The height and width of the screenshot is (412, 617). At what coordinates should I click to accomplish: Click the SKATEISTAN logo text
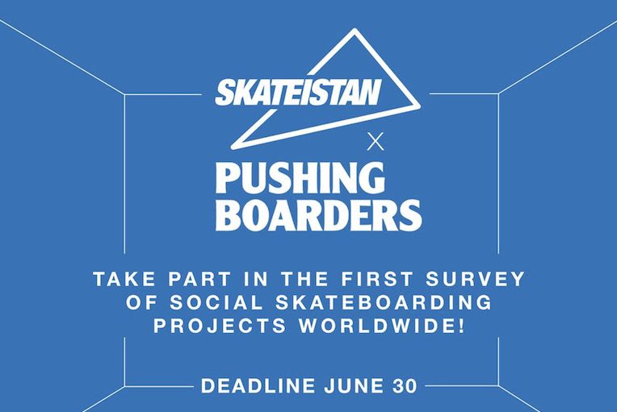(x=298, y=93)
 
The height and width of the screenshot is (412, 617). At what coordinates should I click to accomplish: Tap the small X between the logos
(x=376, y=142)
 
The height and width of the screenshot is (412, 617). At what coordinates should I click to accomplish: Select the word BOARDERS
(x=319, y=215)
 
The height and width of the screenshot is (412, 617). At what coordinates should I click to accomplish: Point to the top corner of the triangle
(x=355, y=31)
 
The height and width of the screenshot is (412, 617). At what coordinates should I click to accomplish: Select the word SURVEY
(x=475, y=279)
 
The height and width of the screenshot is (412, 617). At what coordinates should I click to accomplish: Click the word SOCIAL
(x=216, y=302)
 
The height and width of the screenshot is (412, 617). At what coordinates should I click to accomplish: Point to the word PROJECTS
(x=220, y=326)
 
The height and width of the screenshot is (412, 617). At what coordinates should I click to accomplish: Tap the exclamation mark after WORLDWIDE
(x=461, y=326)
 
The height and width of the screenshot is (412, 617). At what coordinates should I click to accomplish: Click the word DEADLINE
(x=258, y=385)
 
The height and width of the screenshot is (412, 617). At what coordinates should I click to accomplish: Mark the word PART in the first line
(x=199, y=279)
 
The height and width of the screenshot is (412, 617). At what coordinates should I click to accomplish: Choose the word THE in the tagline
(x=304, y=279)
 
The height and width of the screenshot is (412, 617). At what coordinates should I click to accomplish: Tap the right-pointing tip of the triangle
(x=420, y=106)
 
